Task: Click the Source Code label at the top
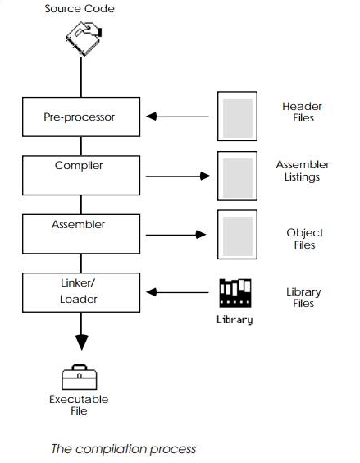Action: pyautogui.click(x=80, y=9)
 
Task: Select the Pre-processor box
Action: pyautogui.click(x=80, y=117)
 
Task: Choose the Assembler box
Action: pyautogui.click(x=80, y=233)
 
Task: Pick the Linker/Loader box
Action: pyautogui.click(x=80, y=291)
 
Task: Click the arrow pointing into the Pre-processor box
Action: pyautogui.click(x=178, y=117)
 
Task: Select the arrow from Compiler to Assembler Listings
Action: pyautogui.click(x=178, y=176)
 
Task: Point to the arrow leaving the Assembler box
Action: pyautogui.click(x=178, y=234)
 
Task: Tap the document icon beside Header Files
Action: pyautogui.click(x=237, y=117)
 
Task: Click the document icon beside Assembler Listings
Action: pyautogui.click(x=237, y=176)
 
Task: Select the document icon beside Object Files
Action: pyautogui.click(x=237, y=234)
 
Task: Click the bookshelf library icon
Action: pyautogui.click(x=235, y=293)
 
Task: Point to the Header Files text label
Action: pyautogui.click(x=302, y=112)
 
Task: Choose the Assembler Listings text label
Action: pyautogui.click(x=302, y=170)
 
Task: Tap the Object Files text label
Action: pyautogui.click(x=304, y=239)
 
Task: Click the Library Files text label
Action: pyautogui.click(x=303, y=297)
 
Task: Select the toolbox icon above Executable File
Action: pyautogui.click(x=79, y=377)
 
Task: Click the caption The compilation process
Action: pyautogui.click(x=124, y=448)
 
